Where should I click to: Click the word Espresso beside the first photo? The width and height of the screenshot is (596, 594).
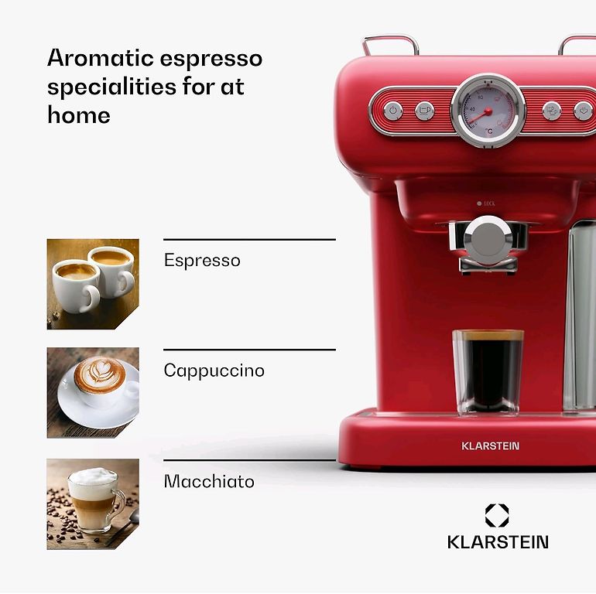[202, 261]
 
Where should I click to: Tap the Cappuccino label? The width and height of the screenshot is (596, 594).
[214, 370]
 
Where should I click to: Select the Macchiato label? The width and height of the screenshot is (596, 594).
[209, 481]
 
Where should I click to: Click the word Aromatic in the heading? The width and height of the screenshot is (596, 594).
[101, 58]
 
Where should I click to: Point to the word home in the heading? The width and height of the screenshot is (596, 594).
[79, 114]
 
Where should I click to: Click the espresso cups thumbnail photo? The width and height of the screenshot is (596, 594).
[93, 284]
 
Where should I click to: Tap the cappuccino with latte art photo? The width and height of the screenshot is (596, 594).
[93, 393]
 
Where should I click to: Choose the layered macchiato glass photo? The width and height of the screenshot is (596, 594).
[93, 504]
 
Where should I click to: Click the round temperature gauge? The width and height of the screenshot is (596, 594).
[488, 111]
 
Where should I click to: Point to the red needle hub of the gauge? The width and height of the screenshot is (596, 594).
[488, 111]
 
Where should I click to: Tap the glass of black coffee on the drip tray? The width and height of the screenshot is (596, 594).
[488, 372]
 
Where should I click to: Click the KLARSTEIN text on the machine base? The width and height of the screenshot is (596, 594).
[490, 445]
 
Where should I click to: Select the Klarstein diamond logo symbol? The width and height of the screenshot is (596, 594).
[497, 515]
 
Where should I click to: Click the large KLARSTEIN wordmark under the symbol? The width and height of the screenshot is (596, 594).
[498, 542]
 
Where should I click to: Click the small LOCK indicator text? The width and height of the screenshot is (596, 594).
[489, 203]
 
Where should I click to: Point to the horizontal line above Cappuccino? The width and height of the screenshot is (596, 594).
[249, 350]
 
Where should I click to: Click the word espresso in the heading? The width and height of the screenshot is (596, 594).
[211, 60]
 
